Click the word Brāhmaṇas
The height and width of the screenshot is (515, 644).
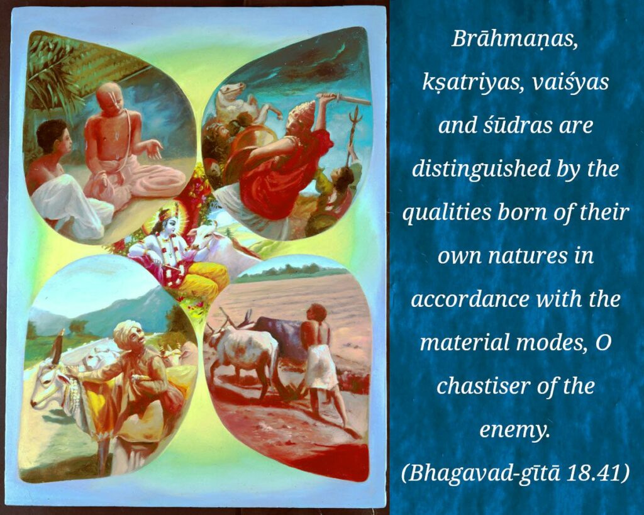coord(515,40)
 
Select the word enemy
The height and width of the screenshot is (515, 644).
coord(514,429)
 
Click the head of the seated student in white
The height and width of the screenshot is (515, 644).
coord(52,137)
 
